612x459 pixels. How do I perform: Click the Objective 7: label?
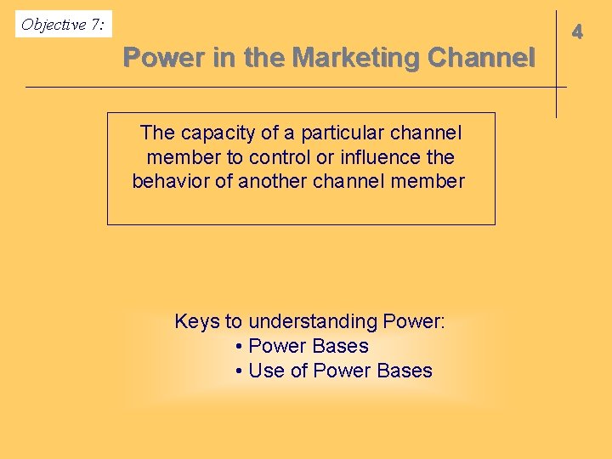coord(64,25)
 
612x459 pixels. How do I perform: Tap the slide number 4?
coord(577,32)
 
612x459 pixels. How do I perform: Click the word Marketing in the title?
coord(356,59)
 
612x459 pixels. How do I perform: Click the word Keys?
coord(196,321)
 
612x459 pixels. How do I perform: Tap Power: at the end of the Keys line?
coord(414,321)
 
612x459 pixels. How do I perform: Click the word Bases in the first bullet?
coord(340,346)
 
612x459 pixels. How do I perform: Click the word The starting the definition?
coord(157,133)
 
